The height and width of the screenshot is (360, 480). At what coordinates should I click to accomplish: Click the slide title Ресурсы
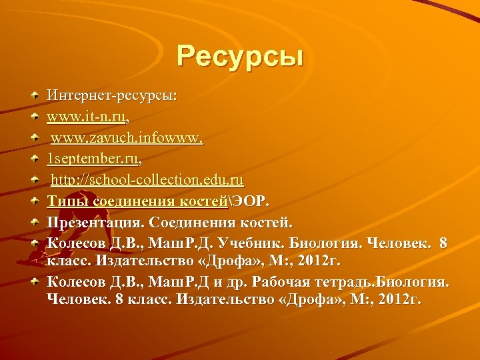pos(240,55)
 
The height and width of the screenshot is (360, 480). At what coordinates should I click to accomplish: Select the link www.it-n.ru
pos(85,117)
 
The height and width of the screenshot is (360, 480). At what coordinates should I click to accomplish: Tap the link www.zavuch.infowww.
pos(127,139)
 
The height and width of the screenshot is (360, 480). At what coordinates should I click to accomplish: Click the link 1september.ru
pos(93,159)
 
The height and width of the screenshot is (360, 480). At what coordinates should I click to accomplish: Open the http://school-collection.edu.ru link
pos(147,180)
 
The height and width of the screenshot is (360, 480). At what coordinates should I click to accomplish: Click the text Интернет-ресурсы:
pos(111,96)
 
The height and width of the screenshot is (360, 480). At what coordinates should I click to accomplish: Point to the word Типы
pos(67,201)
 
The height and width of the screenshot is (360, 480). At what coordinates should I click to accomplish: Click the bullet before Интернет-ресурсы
pos(34,96)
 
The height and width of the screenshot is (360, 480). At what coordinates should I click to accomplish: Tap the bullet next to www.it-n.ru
pos(34,117)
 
